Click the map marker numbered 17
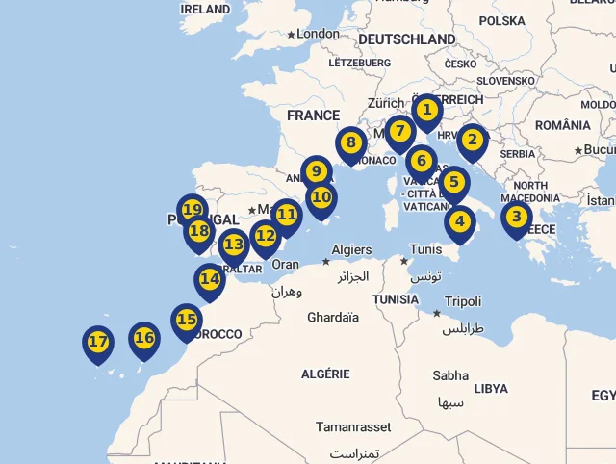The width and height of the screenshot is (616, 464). (x=98, y=342)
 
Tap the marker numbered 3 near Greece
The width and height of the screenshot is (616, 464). (x=517, y=218)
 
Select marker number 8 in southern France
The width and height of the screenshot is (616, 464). (x=350, y=143)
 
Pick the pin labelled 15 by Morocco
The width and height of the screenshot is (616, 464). (x=187, y=320)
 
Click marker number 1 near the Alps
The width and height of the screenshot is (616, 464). (x=426, y=111)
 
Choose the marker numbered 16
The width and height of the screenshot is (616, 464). (x=144, y=338)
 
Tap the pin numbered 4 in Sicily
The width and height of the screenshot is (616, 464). (x=460, y=222)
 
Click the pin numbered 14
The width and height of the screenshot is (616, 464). (x=210, y=280)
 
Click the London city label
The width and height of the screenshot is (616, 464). (x=318, y=34)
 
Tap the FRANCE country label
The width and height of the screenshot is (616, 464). (x=313, y=116)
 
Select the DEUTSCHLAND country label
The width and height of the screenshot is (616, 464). (x=406, y=39)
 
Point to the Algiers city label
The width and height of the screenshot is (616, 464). (x=351, y=249)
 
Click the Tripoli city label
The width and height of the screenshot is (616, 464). (x=462, y=301)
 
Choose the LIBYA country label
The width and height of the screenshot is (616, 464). (x=491, y=388)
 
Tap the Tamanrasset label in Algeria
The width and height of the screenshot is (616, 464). (x=353, y=426)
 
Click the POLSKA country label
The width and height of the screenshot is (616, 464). (x=501, y=20)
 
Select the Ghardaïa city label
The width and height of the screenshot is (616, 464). (x=332, y=317)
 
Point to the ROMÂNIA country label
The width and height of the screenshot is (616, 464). (x=562, y=125)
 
